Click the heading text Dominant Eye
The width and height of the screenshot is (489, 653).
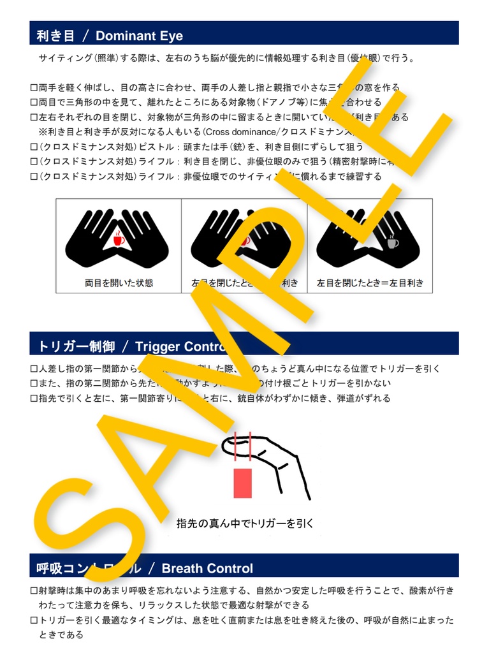point(139,36)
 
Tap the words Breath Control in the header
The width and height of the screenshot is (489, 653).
point(207,568)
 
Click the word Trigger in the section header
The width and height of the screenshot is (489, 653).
point(157,347)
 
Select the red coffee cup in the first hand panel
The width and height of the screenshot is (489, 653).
point(118,240)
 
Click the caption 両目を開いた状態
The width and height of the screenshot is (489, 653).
point(119,282)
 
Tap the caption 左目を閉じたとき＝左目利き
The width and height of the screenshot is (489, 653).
point(370,282)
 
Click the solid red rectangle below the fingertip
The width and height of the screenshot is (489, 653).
point(243,483)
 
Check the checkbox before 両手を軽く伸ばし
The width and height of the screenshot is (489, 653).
point(34,87)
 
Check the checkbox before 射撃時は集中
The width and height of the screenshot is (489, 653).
point(34,591)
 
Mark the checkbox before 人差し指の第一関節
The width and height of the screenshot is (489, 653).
point(34,369)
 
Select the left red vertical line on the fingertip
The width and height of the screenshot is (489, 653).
point(236,444)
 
